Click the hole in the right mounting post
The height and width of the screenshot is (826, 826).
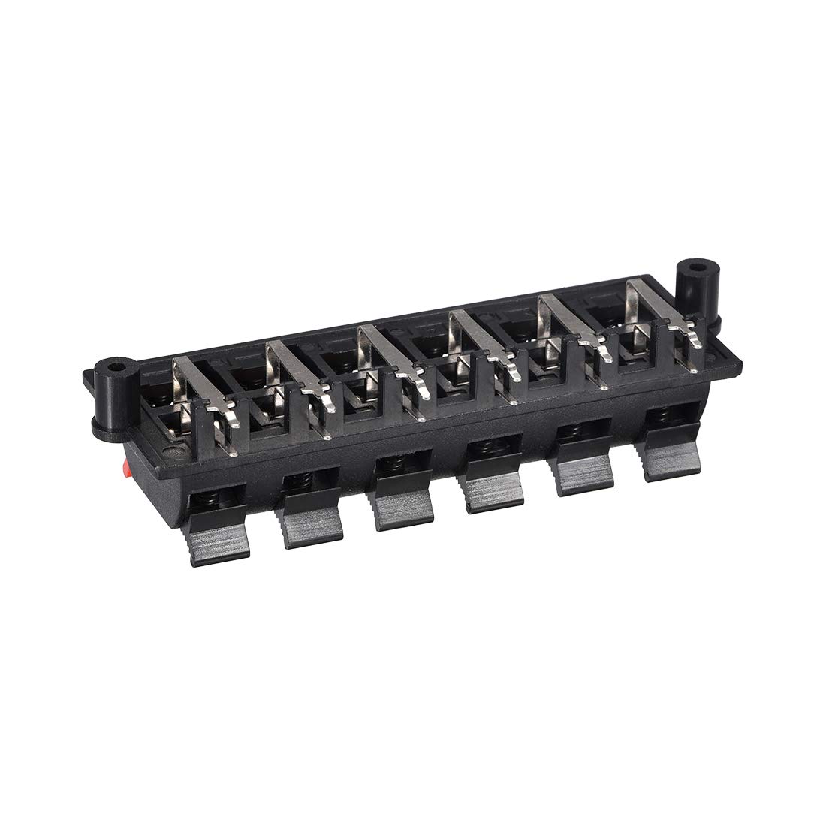(698, 267)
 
